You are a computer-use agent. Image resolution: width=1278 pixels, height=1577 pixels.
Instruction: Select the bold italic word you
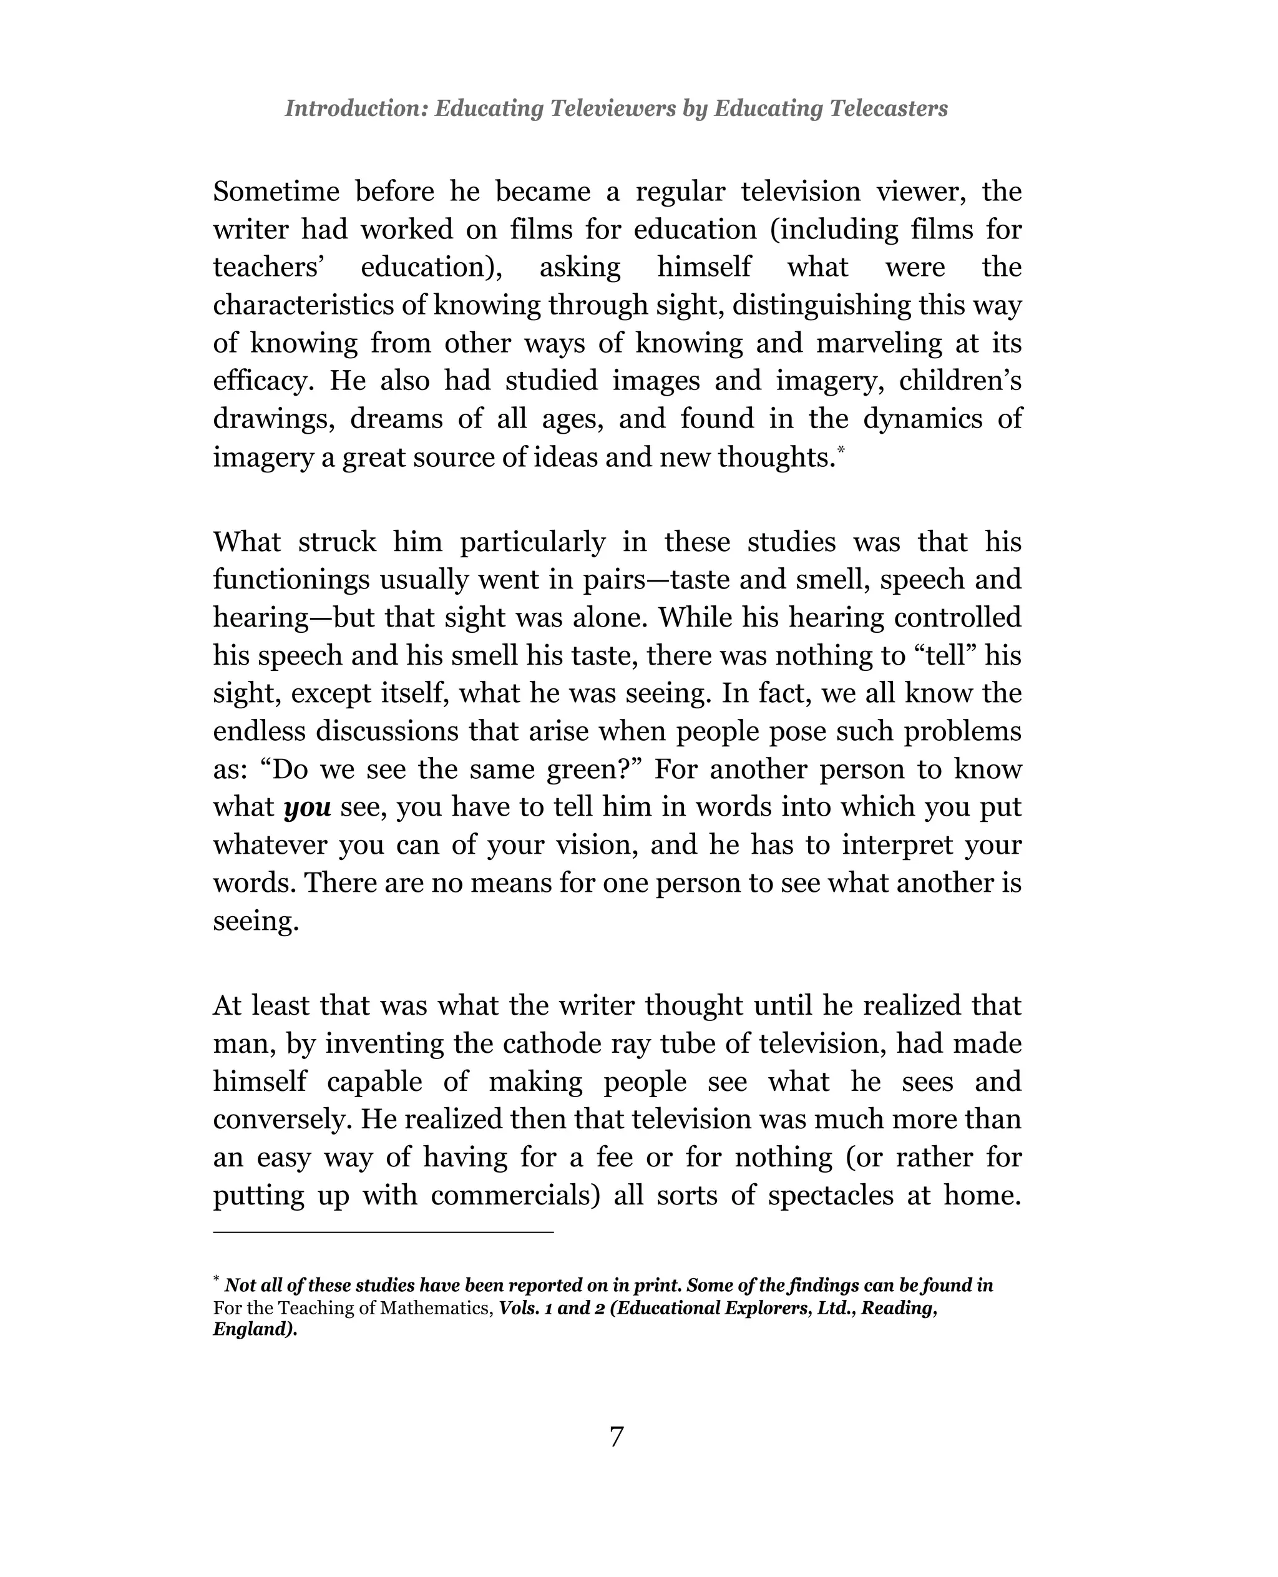[x=307, y=808]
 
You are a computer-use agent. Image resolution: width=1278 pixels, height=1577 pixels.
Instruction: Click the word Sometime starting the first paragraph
[x=276, y=192]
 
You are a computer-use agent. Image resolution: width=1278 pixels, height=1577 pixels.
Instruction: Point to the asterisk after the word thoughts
[x=841, y=447]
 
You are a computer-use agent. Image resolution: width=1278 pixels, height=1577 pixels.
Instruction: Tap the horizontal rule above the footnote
[x=383, y=1232]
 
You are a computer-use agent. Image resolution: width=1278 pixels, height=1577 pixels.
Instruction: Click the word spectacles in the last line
[x=829, y=1196]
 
